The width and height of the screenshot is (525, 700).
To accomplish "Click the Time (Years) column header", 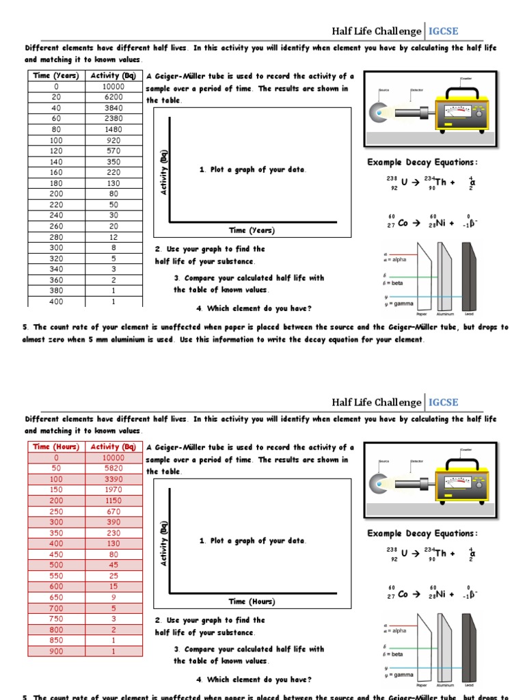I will pos(56,76).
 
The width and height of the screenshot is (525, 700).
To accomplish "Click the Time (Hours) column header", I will pos(57,447).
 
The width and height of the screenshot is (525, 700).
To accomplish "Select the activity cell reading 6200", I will pos(113,98).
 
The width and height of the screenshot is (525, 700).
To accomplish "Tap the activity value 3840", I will pos(113,108).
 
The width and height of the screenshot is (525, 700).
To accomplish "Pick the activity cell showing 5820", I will pos(113,468).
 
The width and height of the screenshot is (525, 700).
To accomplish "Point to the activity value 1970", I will pos(113,490).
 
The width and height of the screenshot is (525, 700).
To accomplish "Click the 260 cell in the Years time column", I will pos(55,226).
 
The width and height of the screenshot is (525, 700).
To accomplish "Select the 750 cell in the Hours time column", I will pos(56,619).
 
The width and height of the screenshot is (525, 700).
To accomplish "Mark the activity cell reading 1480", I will pos(113,129).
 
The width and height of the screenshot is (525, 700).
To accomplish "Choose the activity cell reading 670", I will pos(113,511).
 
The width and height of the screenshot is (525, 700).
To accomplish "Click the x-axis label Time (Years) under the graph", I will pos(252,230).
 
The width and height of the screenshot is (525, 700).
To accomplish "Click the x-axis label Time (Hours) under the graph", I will pos(252,602).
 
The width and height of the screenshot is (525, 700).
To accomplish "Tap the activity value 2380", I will pos(113,119).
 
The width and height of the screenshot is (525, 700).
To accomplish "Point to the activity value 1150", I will pos(113,500).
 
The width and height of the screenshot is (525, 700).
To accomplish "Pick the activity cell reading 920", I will pos(113,140).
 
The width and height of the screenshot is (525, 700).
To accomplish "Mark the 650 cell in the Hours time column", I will pos(56,597).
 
